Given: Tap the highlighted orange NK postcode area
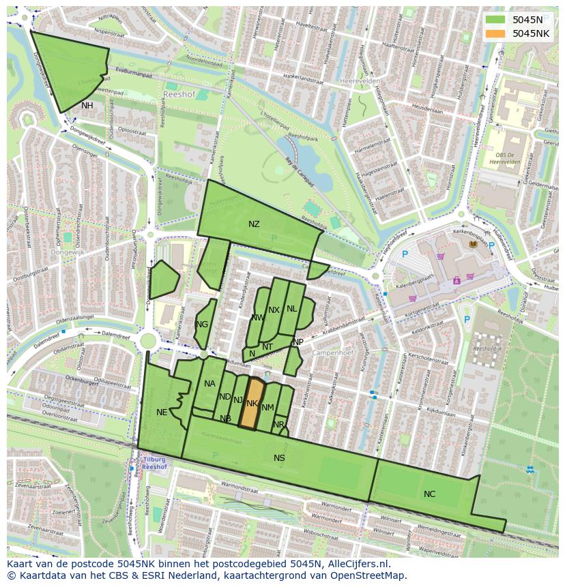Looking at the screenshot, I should click(x=252, y=404).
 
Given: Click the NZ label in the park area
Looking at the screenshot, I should click(x=254, y=224).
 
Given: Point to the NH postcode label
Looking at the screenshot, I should click(x=87, y=106).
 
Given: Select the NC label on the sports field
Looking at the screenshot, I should click(x=429, y=494).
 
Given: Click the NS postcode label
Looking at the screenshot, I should click(x=279, y=457).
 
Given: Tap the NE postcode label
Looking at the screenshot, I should click(x=162, y=412).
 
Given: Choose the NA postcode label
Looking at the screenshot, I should click(x=209, y=384).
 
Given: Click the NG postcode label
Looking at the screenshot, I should click(x=202, y=325).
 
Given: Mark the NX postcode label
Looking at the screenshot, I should click(x=274, y=310).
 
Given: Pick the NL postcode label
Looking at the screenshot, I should click(x=292, y=309).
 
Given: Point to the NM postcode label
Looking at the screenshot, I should click(x=267, y=408).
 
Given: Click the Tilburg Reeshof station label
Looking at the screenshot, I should click(x=156, y=464).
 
